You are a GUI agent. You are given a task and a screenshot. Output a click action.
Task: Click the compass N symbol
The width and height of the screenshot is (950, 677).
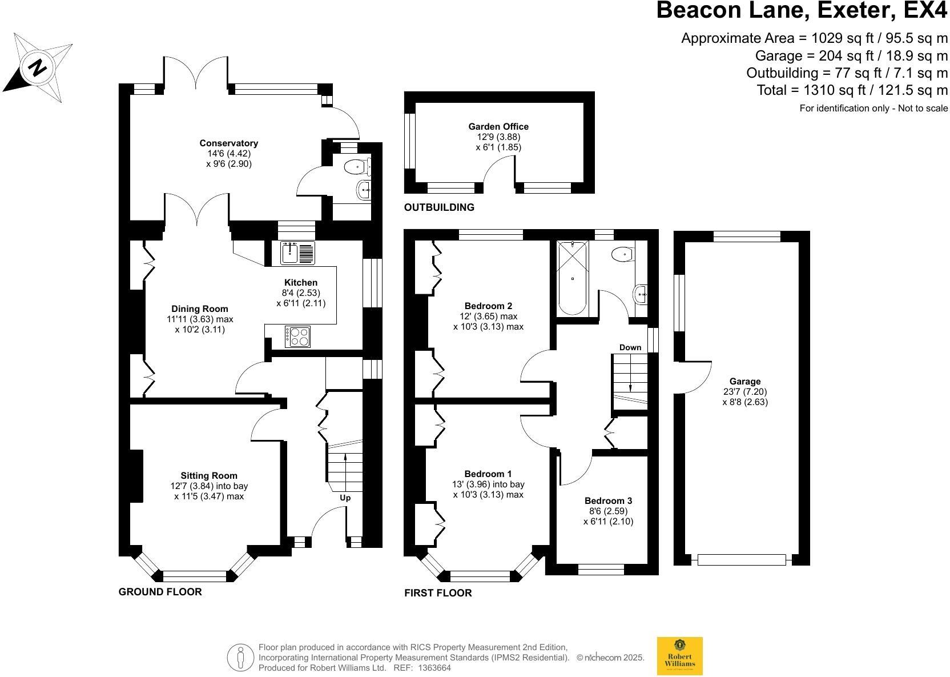[x=38, y=68]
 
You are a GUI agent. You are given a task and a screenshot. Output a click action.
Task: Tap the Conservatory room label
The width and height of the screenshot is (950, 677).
[x=228, y=143]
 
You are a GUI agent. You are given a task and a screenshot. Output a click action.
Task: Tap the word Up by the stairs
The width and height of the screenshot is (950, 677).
[x=345, y=498]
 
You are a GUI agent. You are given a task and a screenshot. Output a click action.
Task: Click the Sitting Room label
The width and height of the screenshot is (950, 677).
[x=209, y=475]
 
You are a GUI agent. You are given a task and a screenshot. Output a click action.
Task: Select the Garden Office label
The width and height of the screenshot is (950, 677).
[x=498, y=127]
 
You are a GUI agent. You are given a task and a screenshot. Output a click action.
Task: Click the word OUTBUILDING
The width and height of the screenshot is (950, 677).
[x=439, y=207]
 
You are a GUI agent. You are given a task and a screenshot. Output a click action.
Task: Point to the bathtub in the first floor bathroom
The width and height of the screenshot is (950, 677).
[x=572, y=278]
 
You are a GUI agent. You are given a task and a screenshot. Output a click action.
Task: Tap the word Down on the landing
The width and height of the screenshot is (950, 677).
[x=630, y=347]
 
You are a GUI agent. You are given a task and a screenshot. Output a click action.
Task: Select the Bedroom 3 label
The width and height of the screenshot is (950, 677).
[x=608, y=500]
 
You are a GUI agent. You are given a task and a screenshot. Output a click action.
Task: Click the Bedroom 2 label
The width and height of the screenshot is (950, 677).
[x=488, y=306]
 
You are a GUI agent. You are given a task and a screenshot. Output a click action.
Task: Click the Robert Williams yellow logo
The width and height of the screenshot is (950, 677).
[x=679, y=656]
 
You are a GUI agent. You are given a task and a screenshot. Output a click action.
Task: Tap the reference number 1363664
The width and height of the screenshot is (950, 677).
[x=434, y=667]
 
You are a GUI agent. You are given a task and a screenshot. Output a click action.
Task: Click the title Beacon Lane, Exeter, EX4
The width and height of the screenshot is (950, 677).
[x=802, y=11]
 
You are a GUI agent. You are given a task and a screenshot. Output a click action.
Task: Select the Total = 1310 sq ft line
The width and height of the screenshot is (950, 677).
[x=852, y=90]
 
